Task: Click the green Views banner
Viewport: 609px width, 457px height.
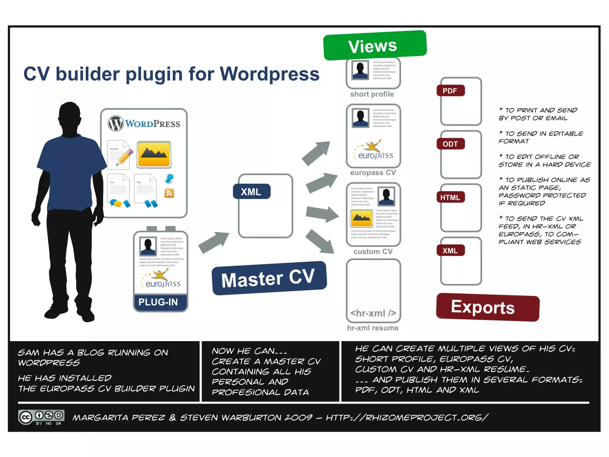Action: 375,46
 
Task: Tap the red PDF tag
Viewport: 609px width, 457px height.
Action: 450,91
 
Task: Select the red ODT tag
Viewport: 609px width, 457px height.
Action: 450,144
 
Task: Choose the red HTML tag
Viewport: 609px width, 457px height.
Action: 450,197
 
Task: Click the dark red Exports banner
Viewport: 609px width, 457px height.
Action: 487,307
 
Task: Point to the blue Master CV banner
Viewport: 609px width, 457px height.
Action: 269,278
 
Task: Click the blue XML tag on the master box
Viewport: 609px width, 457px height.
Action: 251,192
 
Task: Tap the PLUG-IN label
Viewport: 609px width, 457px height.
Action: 158,302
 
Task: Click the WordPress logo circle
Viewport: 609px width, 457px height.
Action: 115,123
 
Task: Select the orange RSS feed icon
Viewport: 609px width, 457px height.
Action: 169,193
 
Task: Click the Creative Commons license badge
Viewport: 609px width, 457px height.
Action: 41,417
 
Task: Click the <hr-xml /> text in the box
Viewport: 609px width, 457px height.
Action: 373,313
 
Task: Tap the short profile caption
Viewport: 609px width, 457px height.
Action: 372,94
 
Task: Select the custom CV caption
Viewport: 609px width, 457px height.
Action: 373,252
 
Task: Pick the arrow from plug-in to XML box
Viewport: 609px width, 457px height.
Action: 214,242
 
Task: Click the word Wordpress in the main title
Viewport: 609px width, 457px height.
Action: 269,74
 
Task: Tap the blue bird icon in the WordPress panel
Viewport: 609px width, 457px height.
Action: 169,179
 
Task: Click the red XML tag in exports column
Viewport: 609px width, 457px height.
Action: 450,251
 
